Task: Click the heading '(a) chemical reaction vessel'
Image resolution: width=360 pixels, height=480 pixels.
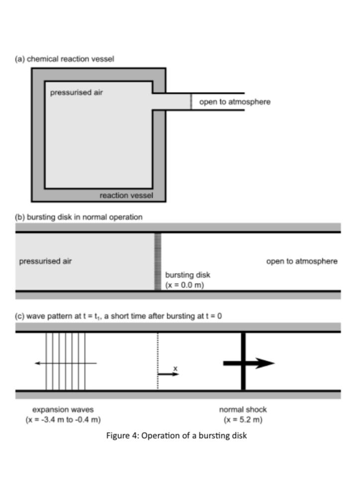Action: click(64, 59)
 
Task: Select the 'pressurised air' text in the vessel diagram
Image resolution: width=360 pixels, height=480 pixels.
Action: click(77, 93)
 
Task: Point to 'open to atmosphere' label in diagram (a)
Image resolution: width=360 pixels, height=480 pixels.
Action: click(235, 102)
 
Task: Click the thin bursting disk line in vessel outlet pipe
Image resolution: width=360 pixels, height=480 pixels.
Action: click(191, 101)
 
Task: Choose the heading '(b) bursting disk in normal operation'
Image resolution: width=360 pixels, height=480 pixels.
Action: click(78, 217)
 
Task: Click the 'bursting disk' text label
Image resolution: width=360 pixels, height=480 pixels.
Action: click(188, 275)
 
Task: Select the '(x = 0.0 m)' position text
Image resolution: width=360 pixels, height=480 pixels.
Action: click(185, 285)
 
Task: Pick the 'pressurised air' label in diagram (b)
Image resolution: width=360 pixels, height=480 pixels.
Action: click(45, 261)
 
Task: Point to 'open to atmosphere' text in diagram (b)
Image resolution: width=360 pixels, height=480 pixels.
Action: click(302, 261)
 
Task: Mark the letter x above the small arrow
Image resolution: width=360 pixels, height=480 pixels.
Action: click(175, 369)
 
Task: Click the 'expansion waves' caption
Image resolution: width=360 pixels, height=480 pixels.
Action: click(63, 410)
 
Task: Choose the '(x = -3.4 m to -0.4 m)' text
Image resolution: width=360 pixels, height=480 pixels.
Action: click(63, 420)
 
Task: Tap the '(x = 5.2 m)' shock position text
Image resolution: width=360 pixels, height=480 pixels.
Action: click(243, 420)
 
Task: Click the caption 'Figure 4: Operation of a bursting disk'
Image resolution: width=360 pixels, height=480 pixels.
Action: click(177, 436)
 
